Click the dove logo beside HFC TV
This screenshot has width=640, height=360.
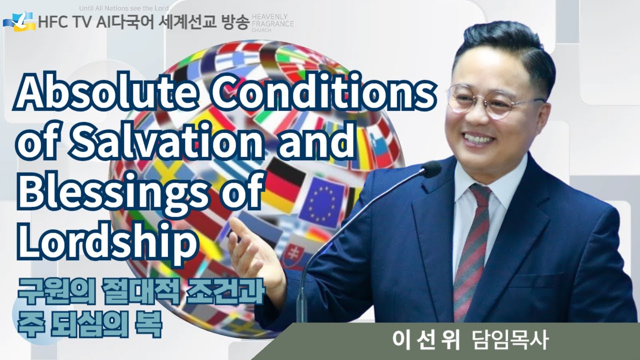tap(20, 20)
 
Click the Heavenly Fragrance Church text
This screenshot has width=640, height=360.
tap(272, 23)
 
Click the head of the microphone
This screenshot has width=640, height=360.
tap(429, 170)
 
